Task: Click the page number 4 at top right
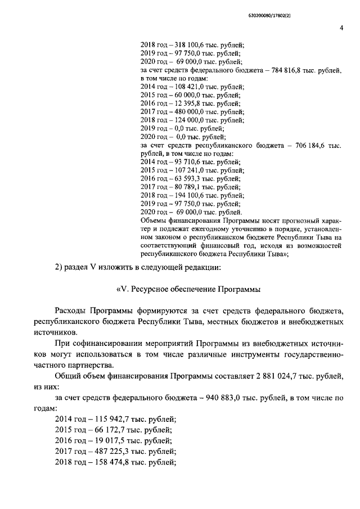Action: point(341,29)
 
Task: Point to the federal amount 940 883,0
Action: point(213,398)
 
